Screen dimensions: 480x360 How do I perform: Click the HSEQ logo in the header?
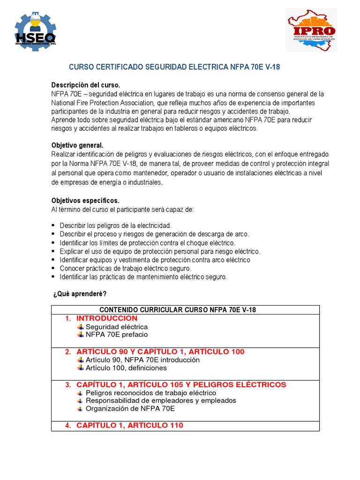pyautogui.click(x=36, y=31)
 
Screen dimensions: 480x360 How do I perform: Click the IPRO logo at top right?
pyautogui.click(x=311, y=30)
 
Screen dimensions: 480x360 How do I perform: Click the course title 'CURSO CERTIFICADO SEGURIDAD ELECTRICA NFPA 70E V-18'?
pyautogui.click(x=174, y=67)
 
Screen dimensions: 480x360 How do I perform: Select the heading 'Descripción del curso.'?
pyautogui.click(x=86, y=85)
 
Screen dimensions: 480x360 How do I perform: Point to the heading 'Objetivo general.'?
pyautogui.click(x=77, y=145)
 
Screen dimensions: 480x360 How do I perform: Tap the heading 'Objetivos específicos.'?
pyautogui.click(x=85, y=201)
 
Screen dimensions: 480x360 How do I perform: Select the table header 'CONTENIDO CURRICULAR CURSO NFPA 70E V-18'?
pyautogui.click(x=178, y=310)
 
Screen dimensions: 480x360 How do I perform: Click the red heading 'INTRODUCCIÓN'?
pyautogui.click(x=107, y=318)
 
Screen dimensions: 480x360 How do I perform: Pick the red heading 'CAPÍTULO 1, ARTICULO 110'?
pyautogui.click(x=129, y=425)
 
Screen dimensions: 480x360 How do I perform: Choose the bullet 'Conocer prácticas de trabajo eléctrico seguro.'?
pyautogui.click(x=125, y=268)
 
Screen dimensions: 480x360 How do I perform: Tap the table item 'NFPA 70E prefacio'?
pyautogui.click(x=116, y=335)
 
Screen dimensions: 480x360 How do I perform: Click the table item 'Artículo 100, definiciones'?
pyautogui.click(x=126, y=368)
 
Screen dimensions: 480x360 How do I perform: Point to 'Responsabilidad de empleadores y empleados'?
pyautogui.click(x=161, y=401)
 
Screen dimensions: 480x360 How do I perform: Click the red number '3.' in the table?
pyautogui.click(x=68, y=385)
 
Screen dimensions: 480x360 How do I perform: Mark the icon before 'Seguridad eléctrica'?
pyautogui.click(x=81, y=327)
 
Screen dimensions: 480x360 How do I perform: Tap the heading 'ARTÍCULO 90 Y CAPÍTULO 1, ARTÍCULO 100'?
pyautogui.click(x=160, y=352)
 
